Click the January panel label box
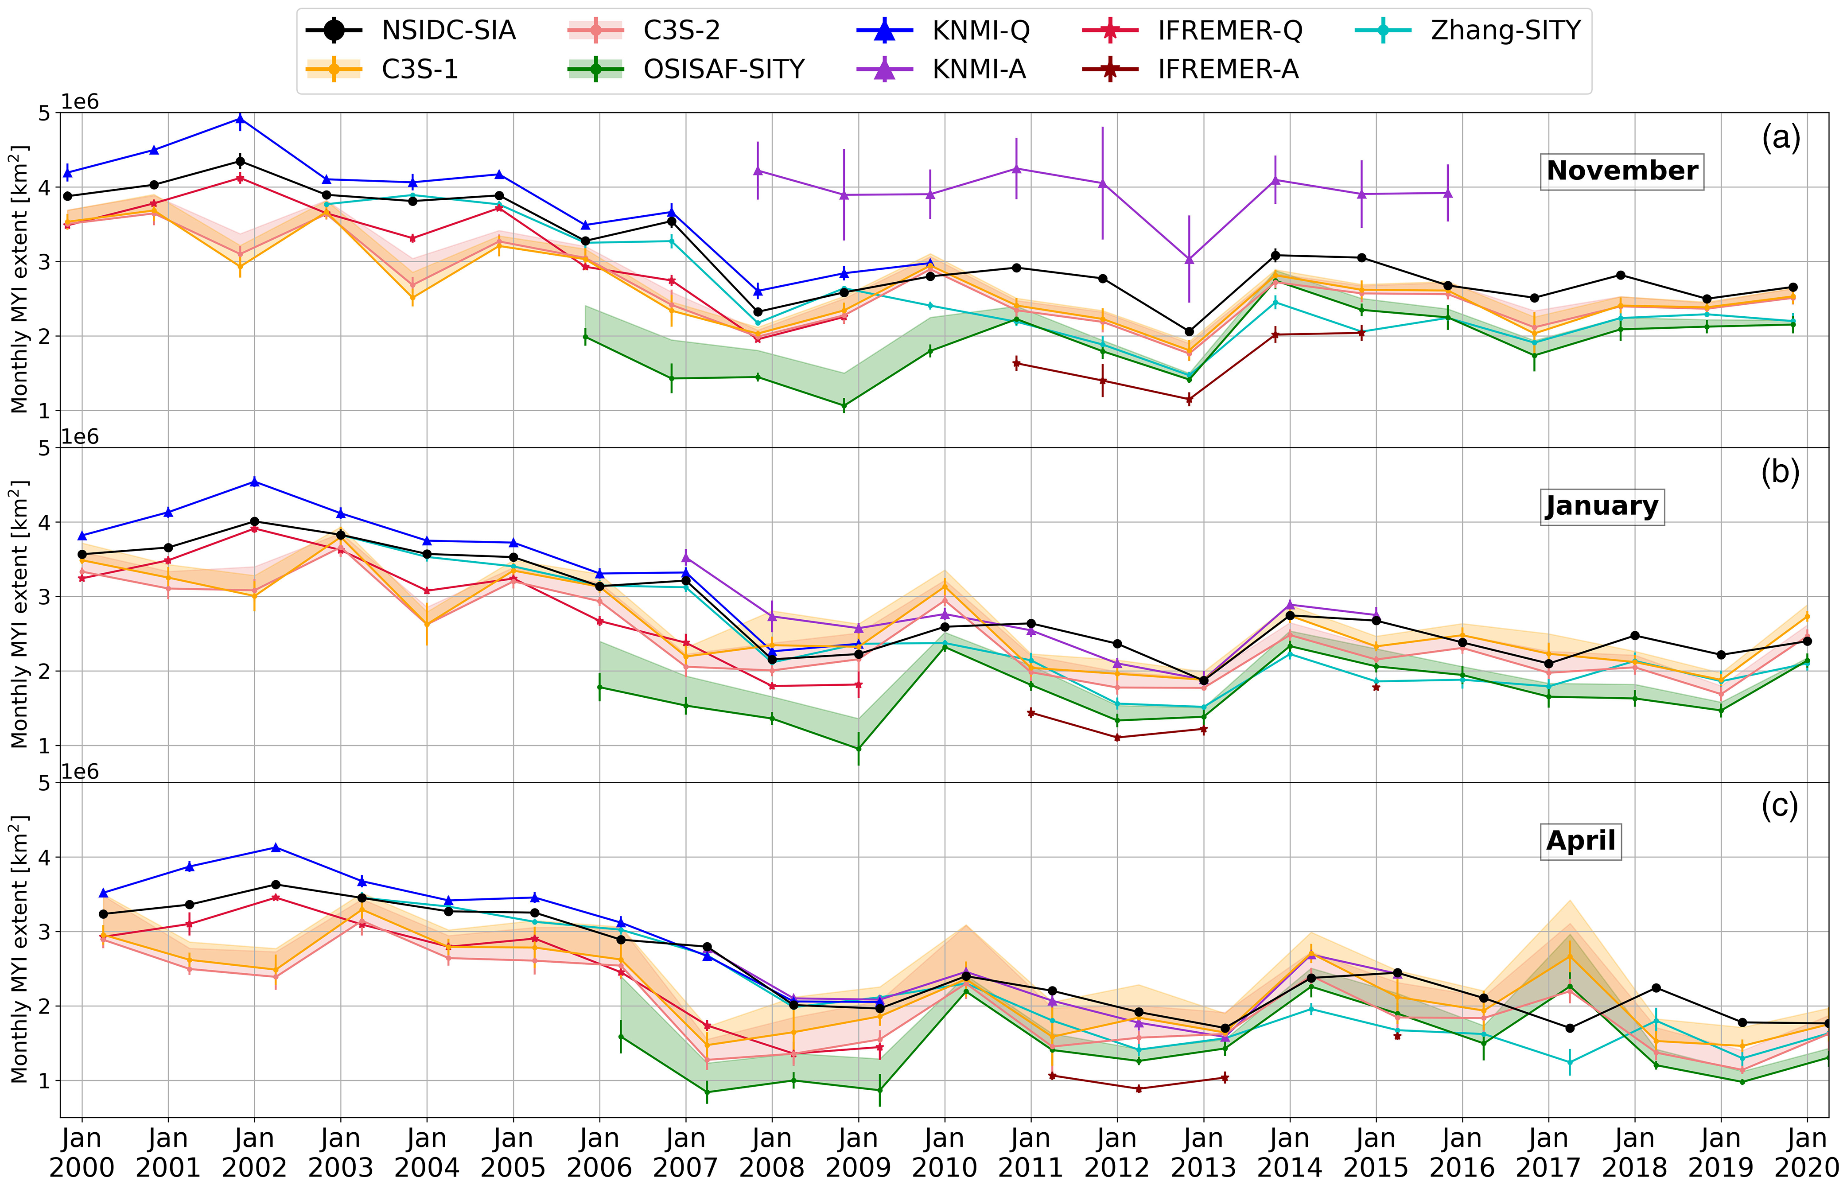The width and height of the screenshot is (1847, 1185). (x=1602, y=506)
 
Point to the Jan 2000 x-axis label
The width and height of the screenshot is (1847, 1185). (x=82, y=1152)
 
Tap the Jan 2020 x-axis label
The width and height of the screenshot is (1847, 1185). (x=1806, y=1152)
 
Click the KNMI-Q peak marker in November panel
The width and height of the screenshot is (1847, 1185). (x=240, y=119)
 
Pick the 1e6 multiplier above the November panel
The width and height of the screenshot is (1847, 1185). (x=80, y=102)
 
